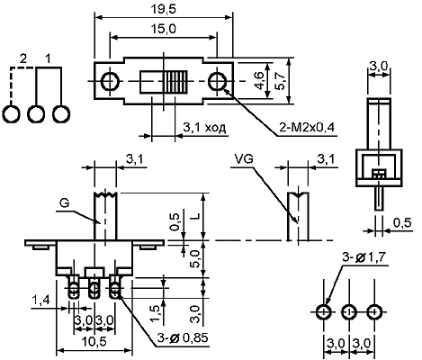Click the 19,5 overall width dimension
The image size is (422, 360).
point(163,9)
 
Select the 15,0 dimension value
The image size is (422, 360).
point(163,29)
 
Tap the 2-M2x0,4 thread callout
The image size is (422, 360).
point(307,128)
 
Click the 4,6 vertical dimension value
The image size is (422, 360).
point(259,81)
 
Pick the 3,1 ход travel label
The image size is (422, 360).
point(204,128)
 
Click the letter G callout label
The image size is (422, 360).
point(64,203)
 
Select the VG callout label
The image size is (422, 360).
point(244,159)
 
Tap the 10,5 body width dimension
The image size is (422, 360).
point(94,341)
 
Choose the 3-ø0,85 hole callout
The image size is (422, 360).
point(183,338)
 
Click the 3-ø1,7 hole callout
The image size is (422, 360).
point(364,257)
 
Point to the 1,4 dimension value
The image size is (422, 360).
point(40,300)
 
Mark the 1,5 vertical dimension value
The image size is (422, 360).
point(157,314)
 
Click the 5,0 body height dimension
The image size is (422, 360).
point(195,259)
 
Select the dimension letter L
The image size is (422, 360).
point(195,216)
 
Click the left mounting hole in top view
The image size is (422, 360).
point(110,81)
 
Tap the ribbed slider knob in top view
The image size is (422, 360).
point(175,82)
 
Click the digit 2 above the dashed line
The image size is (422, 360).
point(22,59)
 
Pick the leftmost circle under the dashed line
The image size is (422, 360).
point(12,114)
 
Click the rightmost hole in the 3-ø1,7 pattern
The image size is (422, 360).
point(374,312)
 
